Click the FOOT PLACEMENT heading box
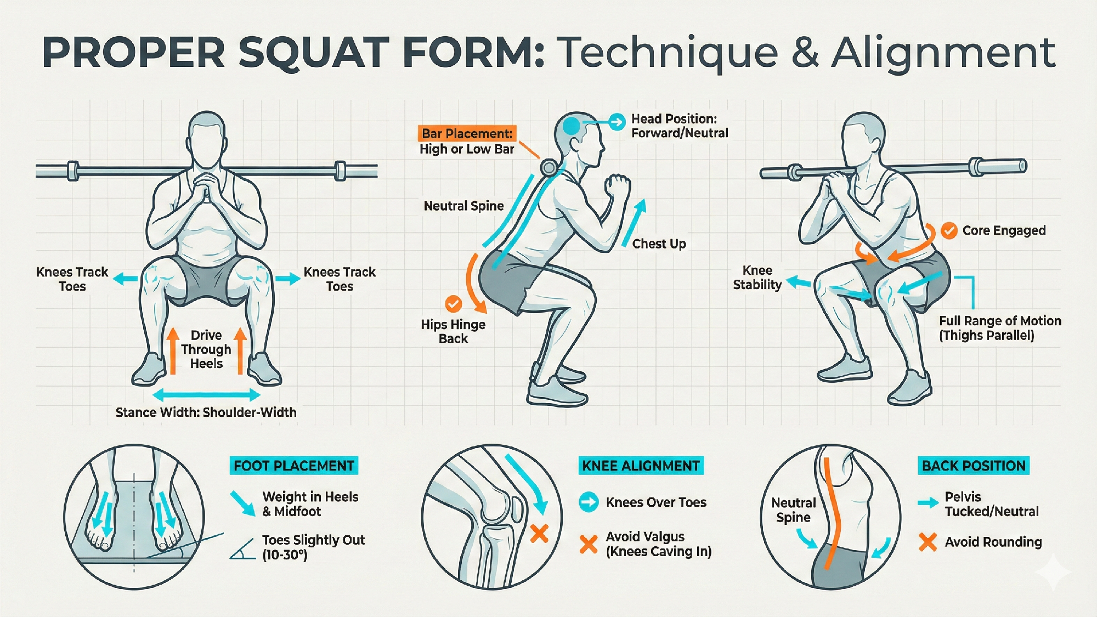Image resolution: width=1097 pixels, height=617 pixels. pyautogui.click(x=293, y=466)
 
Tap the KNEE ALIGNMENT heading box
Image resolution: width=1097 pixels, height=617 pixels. pyautogui.click(x=641, y=466)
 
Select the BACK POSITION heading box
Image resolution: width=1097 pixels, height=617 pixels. pyautogui.click(x=973, y=466)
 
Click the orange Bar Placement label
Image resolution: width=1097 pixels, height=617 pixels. pyautogui.click(x=467, y=134)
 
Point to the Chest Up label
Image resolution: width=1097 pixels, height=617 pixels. pyautogui.click(x=659, y=244)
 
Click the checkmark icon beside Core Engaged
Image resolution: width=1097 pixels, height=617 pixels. pyautogui.click(x=949, y=230)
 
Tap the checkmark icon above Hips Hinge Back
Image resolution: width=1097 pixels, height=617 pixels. pyautogui.click(x=453, y=303)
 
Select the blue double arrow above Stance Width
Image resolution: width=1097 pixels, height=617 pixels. pyautogui.click(x=206, y=394)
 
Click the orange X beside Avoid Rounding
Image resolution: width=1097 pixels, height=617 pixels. pyautogui.click(x=928, y=542)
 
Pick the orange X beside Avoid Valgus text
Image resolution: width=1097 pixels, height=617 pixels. pyautogui.click(x=589, y=544)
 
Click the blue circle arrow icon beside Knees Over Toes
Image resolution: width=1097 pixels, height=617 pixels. pyautogui.click(x=589, y=502)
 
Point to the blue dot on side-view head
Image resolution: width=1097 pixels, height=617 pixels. pyautogui.click(x=572, y=126)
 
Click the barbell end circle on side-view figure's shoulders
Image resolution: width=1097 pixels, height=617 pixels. pyautogui.click(x=548, y=167)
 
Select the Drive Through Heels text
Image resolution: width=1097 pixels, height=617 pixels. pyautogui.click(x=206, y=349)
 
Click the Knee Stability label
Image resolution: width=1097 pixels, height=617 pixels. pyautogui.click(x=757, y=278)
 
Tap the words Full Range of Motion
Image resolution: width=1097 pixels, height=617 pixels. pyautogui.click(x=1000, y=321)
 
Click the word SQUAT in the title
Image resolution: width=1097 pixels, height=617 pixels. pyautogui.click(x=314, y=53)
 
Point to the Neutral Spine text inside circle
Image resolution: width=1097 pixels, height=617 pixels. pyautogui.click(x=793, y=510)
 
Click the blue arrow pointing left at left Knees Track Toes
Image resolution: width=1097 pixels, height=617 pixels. pyautogui.click(x=125, y=279)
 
